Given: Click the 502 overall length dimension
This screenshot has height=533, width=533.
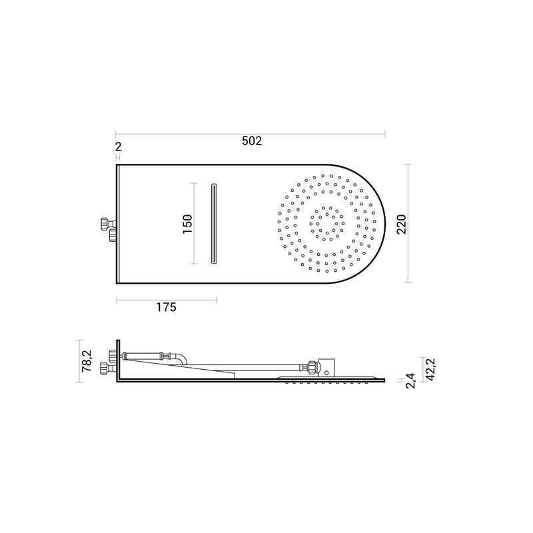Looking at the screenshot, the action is (252, 141).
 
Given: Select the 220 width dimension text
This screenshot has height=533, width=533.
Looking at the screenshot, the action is (402, 224).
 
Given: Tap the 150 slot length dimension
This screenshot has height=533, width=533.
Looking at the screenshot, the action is (187, 224).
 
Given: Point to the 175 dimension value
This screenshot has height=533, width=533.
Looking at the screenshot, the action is (166, 307).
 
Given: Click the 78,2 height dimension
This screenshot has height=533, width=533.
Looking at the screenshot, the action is (87, 361).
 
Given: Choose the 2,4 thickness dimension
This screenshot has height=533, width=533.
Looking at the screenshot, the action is (410, 380).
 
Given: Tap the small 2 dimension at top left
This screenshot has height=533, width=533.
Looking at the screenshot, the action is (118, 147).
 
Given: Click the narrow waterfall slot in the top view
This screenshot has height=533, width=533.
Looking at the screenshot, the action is (213, 224).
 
